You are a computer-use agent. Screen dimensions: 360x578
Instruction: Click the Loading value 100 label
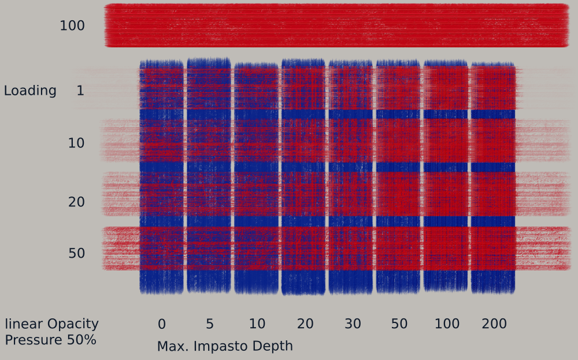[72, 26]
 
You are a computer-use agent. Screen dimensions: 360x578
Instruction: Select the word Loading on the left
[30, 91]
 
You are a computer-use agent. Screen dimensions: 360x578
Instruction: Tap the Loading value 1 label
[80, 91]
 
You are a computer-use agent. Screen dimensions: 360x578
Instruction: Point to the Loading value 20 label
[76, 202]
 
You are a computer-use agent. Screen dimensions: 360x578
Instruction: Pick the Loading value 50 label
[76, 254]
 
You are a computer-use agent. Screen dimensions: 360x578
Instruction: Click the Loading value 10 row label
[76, 143]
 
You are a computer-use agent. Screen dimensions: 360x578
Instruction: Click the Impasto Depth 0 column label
[161, 324]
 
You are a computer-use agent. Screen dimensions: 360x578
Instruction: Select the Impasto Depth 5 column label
[209, 324]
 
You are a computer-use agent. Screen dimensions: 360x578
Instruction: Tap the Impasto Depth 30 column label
[353, 324]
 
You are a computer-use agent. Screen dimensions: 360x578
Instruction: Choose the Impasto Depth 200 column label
[494, 324]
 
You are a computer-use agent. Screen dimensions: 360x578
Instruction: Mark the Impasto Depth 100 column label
[447, 324]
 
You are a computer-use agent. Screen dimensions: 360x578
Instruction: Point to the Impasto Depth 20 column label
[305, 324]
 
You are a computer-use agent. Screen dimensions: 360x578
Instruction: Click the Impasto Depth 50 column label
[399, 324]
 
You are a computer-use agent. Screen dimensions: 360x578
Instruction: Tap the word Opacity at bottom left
[73, 324]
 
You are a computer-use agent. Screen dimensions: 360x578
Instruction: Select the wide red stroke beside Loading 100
[336, 25]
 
